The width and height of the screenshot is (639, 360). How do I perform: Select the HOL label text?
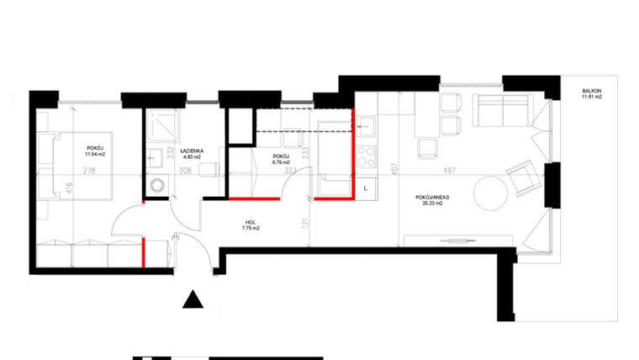tap(251, 222)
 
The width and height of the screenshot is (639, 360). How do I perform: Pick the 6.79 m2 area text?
tap(282, 162)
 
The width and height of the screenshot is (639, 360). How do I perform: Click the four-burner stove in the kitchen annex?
tap(367, 156)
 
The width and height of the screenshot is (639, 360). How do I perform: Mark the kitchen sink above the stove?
tap(366, 129)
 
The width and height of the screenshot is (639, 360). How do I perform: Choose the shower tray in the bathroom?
tap(159, 128)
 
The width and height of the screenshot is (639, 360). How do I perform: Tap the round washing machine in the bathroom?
tap(156, 185)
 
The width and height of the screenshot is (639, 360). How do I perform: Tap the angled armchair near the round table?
tap(521, 178)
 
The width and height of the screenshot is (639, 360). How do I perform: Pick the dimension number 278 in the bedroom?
tap(87, 170)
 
